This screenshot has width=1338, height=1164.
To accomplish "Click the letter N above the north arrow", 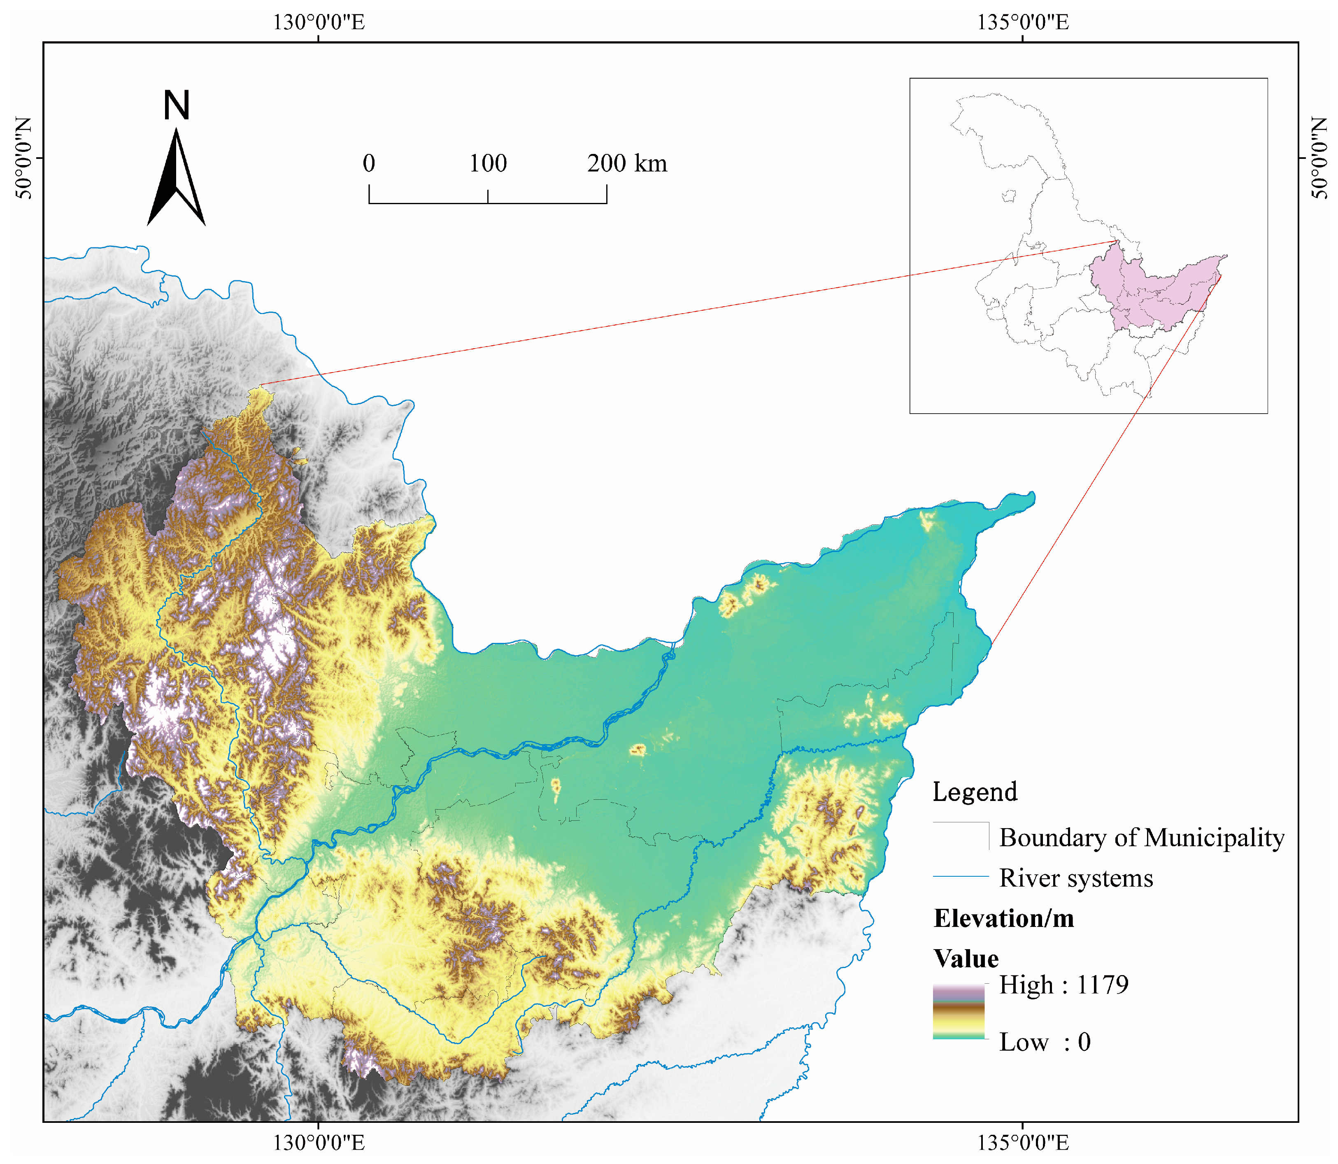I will (x=176, y=106).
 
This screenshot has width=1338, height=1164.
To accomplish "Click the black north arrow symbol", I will (x=176, y=179).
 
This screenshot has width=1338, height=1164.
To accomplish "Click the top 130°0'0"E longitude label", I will (x=318, y=23).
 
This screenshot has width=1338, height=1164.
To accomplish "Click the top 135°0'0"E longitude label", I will (x=1023, y=23).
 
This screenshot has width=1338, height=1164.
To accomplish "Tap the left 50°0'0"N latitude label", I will (x=24, y=158).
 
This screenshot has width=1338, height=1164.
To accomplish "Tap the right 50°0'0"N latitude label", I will (x=1319, y=158).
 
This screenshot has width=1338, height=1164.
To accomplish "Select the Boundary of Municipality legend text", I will (x=1141, y=838).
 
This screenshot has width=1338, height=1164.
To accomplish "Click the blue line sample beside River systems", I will (x=961, y=877).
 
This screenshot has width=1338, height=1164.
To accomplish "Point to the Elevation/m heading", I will (x=1003, y=918).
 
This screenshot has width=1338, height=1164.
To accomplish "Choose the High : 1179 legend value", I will (x=1063, y=985).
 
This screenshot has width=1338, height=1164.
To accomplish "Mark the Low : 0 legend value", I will (x=1045, y=1042).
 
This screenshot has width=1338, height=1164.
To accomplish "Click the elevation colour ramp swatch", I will (x=959, y=1012).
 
